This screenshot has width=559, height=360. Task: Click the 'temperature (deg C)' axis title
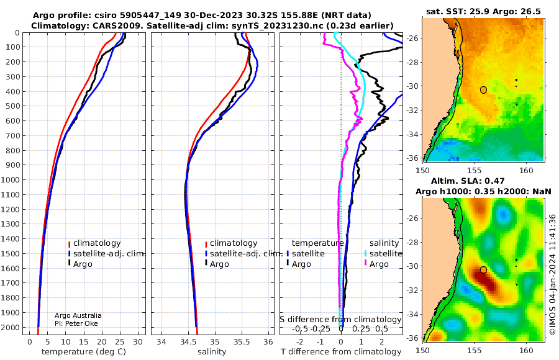click(x=84, y=351)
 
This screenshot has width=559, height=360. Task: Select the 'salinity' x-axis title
click(x=212, y=351)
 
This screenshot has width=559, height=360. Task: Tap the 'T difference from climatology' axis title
click(x=341, y=351)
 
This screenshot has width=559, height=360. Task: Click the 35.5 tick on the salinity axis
click(x=242, y=341)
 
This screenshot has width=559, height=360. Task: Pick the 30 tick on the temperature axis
click(x=138, y=341)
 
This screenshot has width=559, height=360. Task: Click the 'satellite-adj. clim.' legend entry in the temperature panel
click(x=106, y=253)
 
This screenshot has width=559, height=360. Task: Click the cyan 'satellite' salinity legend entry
click(x=383, y=253)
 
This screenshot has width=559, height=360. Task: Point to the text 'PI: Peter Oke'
click(x=76, y=323)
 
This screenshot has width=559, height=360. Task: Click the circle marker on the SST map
click(x=483, y=90)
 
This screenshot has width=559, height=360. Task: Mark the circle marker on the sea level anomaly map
click(x=483, y=270)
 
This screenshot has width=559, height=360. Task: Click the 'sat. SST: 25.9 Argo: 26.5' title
click(x=483, y=11)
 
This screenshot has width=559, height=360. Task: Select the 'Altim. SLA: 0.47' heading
click(x=468, y=181)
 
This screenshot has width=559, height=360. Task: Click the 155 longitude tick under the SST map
click(x=475, y=170)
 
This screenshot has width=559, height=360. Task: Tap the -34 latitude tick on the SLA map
click(x=413, y=314)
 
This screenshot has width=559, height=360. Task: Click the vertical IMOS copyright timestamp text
click(x=552, y=274)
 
